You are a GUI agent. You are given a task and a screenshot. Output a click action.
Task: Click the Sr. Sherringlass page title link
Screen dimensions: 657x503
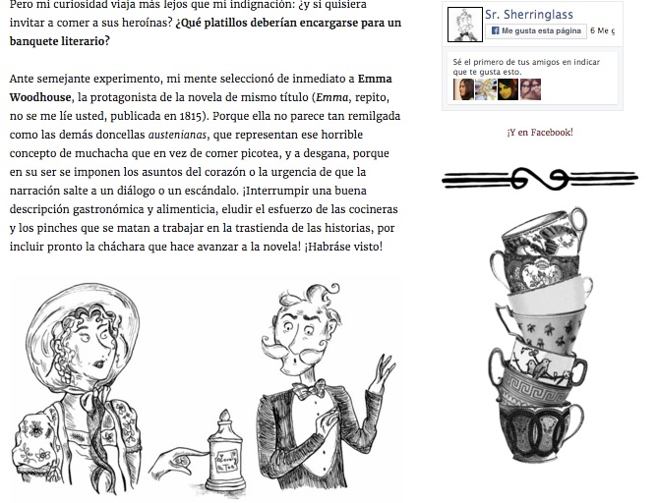click(529, 15)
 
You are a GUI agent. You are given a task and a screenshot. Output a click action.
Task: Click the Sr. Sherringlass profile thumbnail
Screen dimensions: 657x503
click(464, 25)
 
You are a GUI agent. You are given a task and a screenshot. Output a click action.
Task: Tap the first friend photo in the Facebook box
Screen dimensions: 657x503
click(463, 89)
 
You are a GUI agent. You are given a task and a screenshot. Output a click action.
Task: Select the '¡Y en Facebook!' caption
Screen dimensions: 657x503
click(540, 133)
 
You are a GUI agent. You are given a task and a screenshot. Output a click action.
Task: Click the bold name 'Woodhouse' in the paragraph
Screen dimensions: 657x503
click(40, 97)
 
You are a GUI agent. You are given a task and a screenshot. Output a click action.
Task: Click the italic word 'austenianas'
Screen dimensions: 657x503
click(177, 135)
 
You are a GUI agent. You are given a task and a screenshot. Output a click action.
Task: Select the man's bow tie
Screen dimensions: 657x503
click(310, 389)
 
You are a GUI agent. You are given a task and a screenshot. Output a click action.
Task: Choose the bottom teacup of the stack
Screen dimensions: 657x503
click(541, 431)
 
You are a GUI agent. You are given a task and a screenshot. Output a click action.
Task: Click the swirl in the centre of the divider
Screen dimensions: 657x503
click(540, 179)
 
